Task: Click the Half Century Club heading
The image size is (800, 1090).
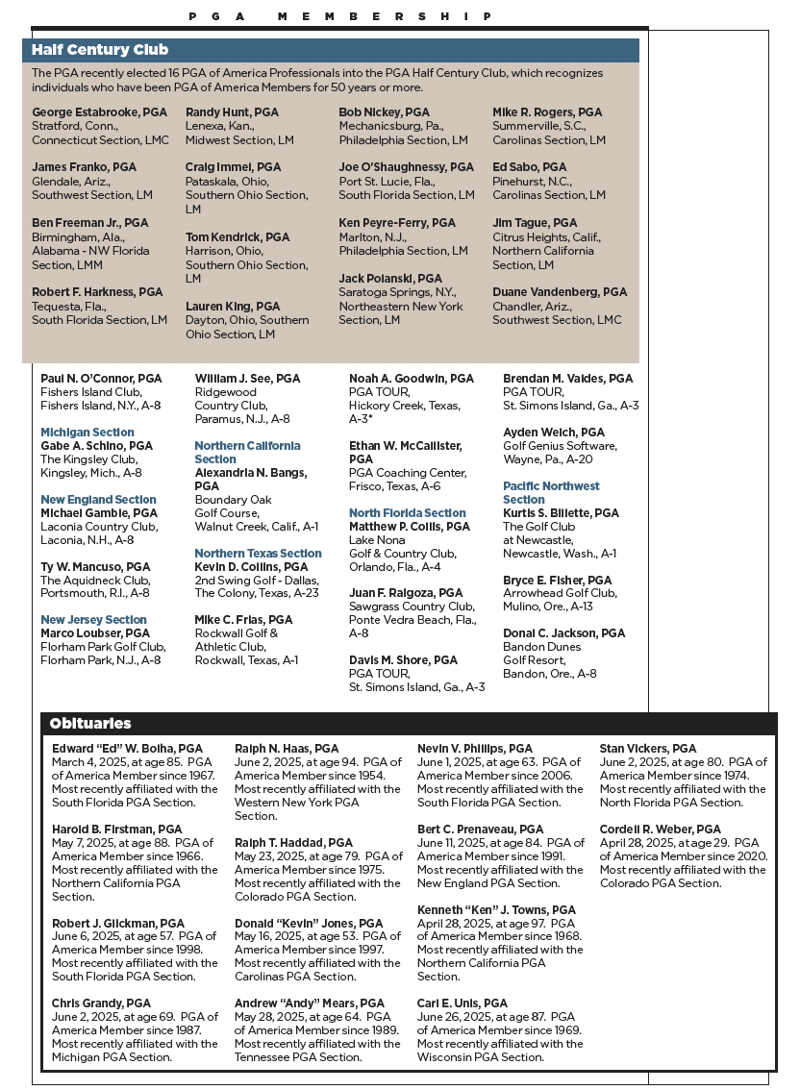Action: (x=100, y=50)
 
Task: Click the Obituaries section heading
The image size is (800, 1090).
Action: (x=90, y=723)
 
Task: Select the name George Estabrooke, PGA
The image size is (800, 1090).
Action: (x=100, y=112)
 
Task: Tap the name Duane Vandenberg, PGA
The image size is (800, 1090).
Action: (x=560, y=292)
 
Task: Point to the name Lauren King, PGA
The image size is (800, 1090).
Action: (x=233, y=307)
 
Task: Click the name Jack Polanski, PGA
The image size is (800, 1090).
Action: (x=390, y=279)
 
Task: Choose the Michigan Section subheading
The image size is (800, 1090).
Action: (x=87, y=433)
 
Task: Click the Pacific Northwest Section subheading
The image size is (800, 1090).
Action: (x=551, y=493)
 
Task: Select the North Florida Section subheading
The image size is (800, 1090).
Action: (x=407, y=513)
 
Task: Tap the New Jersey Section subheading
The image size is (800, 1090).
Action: (x=93, y=620)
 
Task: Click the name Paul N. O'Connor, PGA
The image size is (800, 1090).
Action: (x=101, y=379)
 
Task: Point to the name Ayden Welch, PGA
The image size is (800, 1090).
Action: (x=554, y=433)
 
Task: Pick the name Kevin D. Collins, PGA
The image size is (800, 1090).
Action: (x=251, y=567)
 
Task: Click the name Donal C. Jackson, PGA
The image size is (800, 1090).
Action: (x=563, y=633)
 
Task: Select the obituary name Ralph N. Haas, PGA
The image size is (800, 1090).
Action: (x=287, y=748)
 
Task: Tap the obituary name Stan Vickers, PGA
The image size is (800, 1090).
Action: (x=648, y=748)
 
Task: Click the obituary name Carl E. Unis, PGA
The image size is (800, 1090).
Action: (x=462, y=1003)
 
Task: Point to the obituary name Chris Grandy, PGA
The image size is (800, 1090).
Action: (x=101, y=1003)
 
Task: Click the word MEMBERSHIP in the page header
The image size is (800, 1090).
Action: (x=386, y=16)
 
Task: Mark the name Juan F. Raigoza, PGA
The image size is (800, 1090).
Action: (x=406, y=593)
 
